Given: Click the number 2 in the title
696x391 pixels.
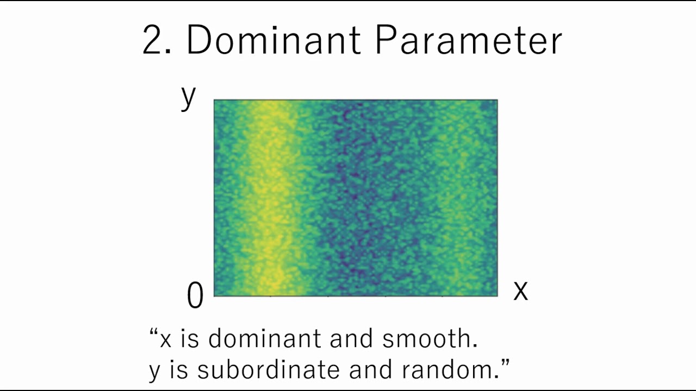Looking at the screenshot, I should [157, 40].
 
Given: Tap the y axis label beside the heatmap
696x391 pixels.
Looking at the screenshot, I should [188, 97].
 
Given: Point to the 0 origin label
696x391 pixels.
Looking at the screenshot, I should [195, 297].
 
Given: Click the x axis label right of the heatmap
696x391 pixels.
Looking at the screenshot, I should [520, 291].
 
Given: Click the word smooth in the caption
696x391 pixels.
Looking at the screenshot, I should [430, 339].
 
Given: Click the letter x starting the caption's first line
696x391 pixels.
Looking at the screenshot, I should [165, 340].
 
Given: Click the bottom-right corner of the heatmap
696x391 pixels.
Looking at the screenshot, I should [497, 295].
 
